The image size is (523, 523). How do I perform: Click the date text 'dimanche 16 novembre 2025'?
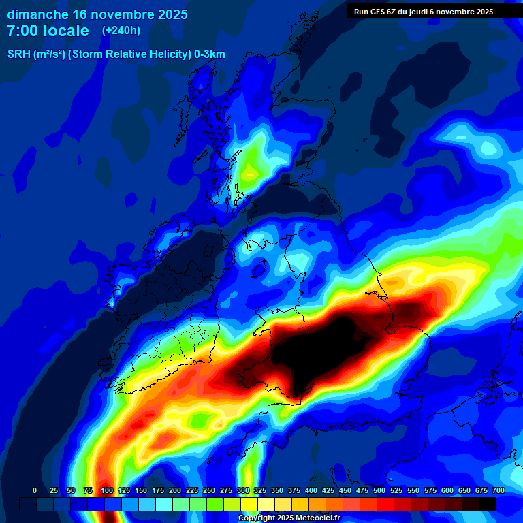pos(97,14)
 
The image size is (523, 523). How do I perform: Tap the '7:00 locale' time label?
pos(48,31)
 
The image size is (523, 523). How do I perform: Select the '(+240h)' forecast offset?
pos(121,31)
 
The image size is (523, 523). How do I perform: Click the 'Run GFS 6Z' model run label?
pos(381,12)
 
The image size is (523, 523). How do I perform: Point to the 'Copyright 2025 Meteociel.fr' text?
pos(288,518)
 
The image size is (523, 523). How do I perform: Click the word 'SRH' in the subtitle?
pos(18,54)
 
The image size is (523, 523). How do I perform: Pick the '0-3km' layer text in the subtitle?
pos(210,54)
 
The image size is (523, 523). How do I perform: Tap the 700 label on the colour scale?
pos(498,490)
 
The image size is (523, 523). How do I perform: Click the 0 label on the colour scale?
pos(35,490)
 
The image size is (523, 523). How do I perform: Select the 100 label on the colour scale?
pos(107,490)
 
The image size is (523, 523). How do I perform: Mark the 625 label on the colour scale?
pos(430,490)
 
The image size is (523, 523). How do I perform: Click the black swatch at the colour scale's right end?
pos(488,504)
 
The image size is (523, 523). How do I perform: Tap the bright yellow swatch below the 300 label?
pos(249,504)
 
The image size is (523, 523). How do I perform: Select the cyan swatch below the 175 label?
pos(164,504)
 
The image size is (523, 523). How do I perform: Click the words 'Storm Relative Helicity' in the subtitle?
pos(130,54)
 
